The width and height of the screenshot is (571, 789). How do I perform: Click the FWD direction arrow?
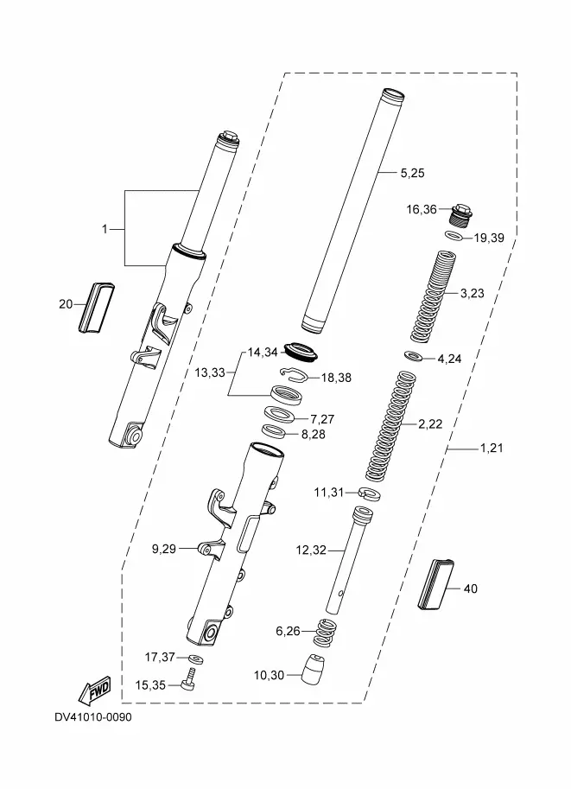click(x=94, y=693)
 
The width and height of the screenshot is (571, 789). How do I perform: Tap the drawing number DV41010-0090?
click(x=93, y=717)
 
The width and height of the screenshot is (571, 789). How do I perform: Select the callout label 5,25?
click(x=413, y=173)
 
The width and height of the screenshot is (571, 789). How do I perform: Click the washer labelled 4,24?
click(x=414, y=356)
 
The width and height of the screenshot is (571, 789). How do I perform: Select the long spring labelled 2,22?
click(x=391, y=426)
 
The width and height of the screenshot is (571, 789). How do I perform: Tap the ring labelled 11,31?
click(x=369, y=493)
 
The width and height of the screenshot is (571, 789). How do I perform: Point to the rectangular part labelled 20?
click(x=96, y=308)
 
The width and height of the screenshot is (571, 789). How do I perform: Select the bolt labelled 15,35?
click(x=189, y=680)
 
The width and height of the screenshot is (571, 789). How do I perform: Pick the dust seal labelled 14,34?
click(x=301, y=351)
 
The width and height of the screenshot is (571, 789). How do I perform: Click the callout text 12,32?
click(x=311, y=550)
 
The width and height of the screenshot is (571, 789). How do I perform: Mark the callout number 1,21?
click(x=492, y=448)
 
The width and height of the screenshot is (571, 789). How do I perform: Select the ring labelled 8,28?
click(x=274, y=432)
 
